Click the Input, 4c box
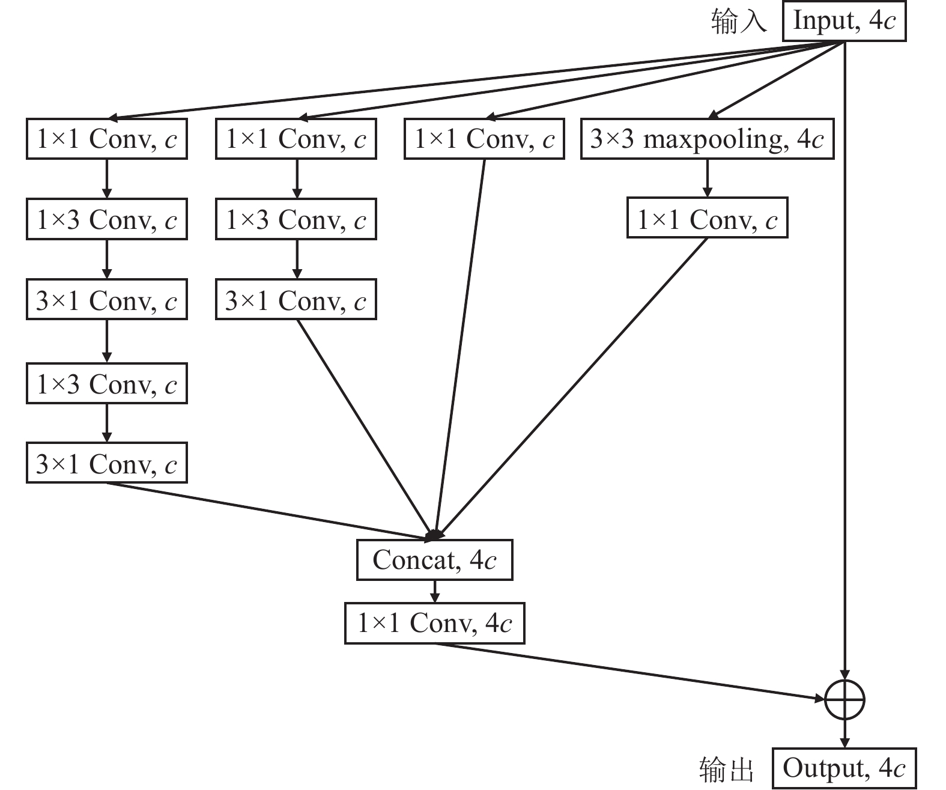pyautogui.click(x=844, y=22)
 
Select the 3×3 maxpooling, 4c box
pyautogui.click(x=707, y=139)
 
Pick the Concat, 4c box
pyautogui.click(x=434, y=560)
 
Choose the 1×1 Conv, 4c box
pyautogui.click(x=434, y=624)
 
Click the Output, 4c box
pyautogui.click(x=844, y=768)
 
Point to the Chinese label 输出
pyautogui.click(x=726, y=769)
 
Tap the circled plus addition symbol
pyautogui.click(x=844, y=699)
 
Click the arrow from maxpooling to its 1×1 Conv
pyautogui.click(x=707, y=178)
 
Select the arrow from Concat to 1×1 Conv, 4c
pyautogui.click(x=434, y=592)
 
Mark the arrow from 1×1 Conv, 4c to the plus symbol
pyautogui.click(x=631, y=671)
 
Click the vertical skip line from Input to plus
pyautogui.click(x=845, y=360)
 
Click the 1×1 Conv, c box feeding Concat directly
pyautogui.click(x=484, y=139)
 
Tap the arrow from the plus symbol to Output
pyautogui.click(x=845, y=734)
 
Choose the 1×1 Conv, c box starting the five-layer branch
pyautogui.click(x=107, y=139)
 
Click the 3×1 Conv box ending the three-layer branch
pyautogui.click(x=296, y=300)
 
